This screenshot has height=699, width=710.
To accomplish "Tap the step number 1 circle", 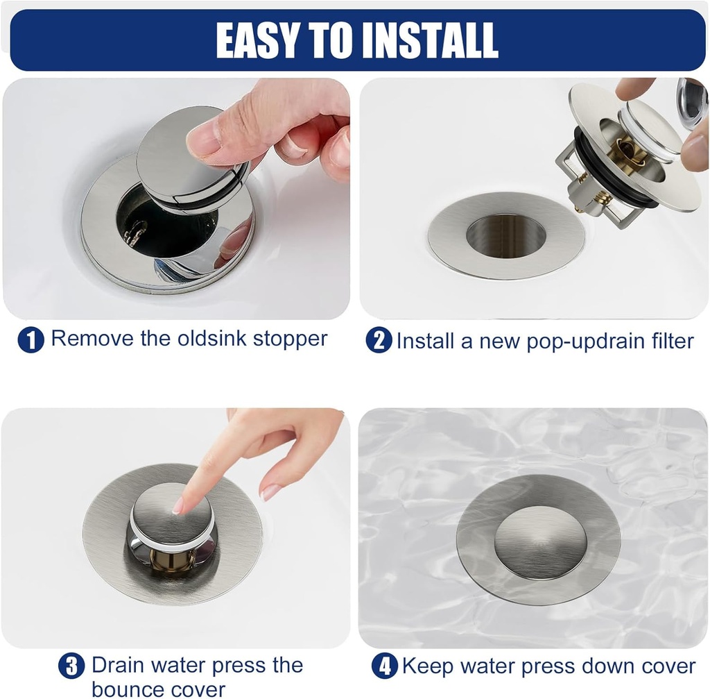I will pos(31,339).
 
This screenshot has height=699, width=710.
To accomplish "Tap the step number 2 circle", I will pos(378,340).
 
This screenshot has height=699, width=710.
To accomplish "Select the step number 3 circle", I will pos(71,666).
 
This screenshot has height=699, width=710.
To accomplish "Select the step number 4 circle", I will pos(384,666).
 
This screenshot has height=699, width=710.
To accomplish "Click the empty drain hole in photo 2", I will pos(505,235).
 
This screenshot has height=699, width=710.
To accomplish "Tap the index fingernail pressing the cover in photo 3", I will pos(178,506).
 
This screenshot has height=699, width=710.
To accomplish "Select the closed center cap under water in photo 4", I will pos(539,541).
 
